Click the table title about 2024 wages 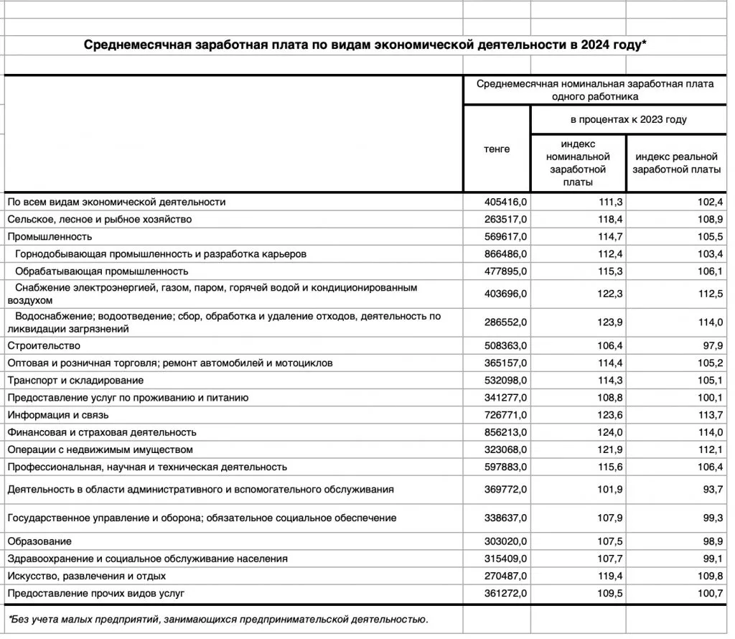click(365, 45)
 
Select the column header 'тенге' click(497, 149)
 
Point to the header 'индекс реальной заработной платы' click(677, 163)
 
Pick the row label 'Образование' click(39, 541)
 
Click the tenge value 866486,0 click(507, 253)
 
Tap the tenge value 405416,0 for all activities click(507, 202)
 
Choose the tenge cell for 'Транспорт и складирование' click(507, 380)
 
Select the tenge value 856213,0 click(507, 432)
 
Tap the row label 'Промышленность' click(50, 236)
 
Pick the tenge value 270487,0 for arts click(507, 576)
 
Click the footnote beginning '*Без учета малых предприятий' click(218, 618)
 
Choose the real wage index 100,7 click(708, 593)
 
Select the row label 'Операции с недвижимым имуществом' click(100, 449)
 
